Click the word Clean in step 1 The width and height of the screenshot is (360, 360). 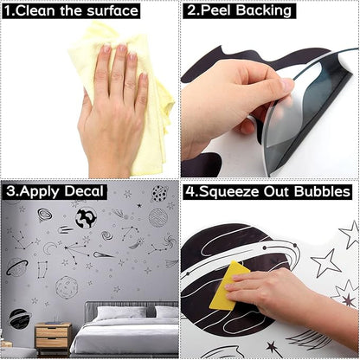point(35,11)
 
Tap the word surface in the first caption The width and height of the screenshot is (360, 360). point(112,11)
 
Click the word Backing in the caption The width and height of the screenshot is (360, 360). point(264,11)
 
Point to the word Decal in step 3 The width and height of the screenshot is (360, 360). point(84,191)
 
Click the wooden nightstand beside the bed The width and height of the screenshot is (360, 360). point(53,337)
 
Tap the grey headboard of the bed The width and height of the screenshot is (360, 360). point(131,310)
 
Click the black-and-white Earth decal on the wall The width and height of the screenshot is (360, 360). point(86,218)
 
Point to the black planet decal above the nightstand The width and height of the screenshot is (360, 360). point(20,318)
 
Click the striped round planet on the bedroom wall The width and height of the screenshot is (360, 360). point(158,218)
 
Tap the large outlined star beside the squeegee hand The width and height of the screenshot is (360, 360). point(326,262)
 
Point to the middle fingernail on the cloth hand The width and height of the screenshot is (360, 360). point(122,48)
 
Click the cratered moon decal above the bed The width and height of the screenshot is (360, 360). point(67,287)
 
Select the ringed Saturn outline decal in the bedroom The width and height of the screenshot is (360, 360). point(17,267)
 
